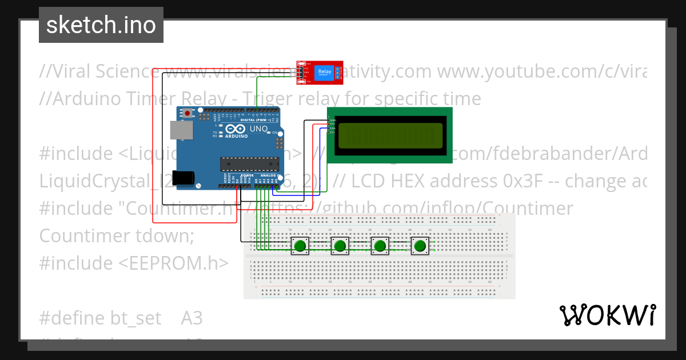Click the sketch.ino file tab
[101, 25]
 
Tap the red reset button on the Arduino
[188, 113]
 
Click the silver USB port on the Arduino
[182, 131]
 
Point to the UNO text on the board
[259, 130]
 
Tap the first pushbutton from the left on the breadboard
[300, 246]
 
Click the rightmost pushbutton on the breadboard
[420, 246]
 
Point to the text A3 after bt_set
[192, 318]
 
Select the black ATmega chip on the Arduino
[249, 164]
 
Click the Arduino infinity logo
[235, 129]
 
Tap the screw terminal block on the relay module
[338, 72]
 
